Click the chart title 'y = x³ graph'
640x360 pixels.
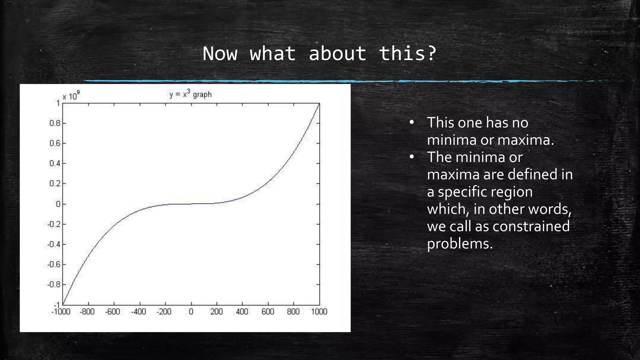click(x=190, y=94)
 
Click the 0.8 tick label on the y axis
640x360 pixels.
click(x=55, y=123)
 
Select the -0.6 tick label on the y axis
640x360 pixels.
click(x=54, y=264)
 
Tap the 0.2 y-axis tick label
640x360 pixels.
click(x=55, y=183)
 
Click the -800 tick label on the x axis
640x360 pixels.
click(x=87, y=312)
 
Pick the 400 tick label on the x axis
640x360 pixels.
click(x=242, y=312)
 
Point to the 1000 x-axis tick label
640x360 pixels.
click(x=319, y=312)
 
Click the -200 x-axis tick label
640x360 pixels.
click(x=164, y=312)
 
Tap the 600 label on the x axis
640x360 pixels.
click(x=268, y=312)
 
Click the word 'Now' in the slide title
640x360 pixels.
click(x=220, y=53)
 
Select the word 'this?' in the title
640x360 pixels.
click(x=407, y=53)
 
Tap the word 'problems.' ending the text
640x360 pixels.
click(x=460, y=244)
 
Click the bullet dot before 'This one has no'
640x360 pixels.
click(x=412, y=122)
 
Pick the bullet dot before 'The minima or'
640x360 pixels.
click(x=412, y=157)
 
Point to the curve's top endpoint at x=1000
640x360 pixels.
click(x=319, y=103)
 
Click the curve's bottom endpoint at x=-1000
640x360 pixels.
click(x=63, y=304)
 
